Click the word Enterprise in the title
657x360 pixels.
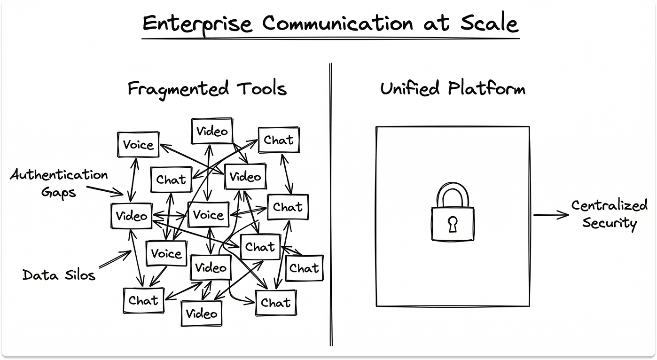point(197,24)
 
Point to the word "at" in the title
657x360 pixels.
point(437,23)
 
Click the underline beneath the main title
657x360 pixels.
point(330,38)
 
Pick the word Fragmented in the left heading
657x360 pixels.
point(178,89)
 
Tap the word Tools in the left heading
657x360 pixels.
point(262,88)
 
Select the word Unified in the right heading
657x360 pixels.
point(410,88)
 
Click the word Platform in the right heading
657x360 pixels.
point(486,88)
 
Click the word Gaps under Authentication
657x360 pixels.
point(59,193)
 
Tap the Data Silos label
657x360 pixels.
point(59,275)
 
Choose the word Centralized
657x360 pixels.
point(609,205)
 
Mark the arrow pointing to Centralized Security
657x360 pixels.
point(551,215)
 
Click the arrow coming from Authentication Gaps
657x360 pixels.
point(105,190)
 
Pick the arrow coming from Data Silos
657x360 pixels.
point(115,259)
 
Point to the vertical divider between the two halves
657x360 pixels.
point(331,204)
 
